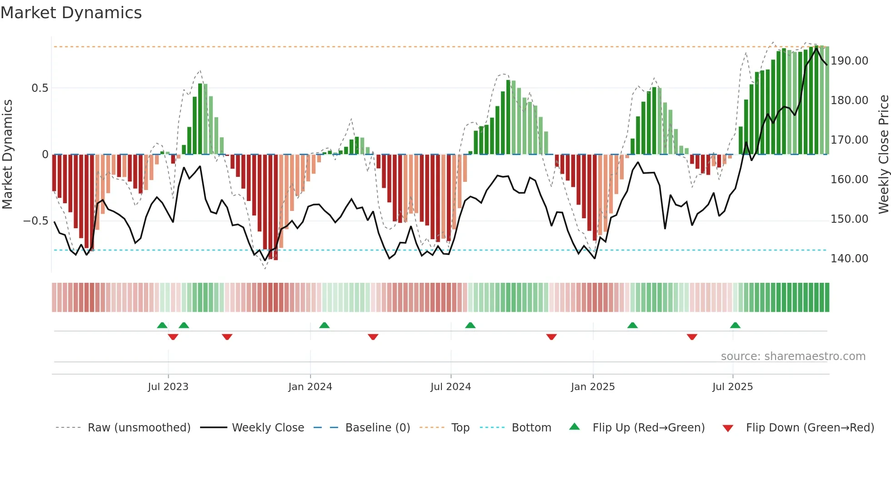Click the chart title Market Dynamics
[x=71, y=13]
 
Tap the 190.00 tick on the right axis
[x=849, y=61]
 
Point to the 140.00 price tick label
[x=849, y=259]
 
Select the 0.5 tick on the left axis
[x=40, y=88]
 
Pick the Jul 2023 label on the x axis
[x=168, y=387]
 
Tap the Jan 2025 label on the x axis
[x=592, y=387]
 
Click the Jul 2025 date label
[x=732, y=387]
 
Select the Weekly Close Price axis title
[x=883, y=154]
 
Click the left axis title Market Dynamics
[x=7, y=154]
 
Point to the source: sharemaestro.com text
[x=793, y=356]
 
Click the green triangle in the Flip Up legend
[x=575, y=426]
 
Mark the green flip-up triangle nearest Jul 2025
[x=735, y=325]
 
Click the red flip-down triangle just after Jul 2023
[x=173, y=337]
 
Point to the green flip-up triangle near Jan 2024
[x=324, y=325]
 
